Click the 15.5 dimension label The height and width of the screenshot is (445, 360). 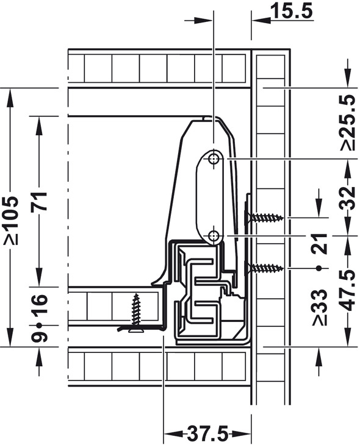coord(292,11)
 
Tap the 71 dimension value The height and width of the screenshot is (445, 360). coord(40,201)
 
